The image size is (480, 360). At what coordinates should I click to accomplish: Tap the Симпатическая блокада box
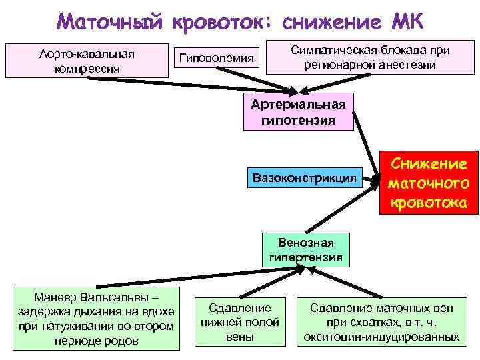(371, 58)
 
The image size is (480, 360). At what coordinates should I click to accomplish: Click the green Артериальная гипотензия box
(299, 112)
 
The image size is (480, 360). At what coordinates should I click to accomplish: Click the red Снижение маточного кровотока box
(429, 182)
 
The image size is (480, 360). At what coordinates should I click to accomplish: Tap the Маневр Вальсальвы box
(97, 318)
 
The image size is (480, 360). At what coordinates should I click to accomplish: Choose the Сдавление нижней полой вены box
(240, 322)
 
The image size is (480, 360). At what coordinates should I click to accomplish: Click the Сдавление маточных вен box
(381, 322)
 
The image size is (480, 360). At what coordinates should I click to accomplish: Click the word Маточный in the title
(109, 21)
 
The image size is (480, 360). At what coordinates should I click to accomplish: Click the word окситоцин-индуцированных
(381, 337)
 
